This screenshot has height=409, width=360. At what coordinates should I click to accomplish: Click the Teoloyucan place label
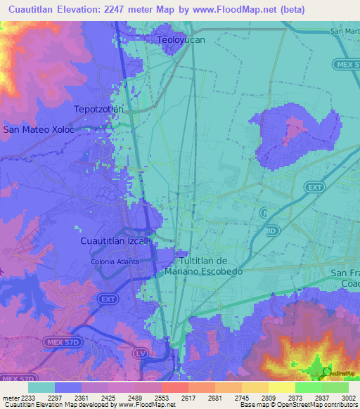181,40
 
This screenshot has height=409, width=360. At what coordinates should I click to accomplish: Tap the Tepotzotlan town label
98,110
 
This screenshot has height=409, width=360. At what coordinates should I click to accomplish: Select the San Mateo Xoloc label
38,129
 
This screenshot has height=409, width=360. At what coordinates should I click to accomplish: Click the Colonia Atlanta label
114,261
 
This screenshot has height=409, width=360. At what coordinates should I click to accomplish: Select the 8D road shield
272,230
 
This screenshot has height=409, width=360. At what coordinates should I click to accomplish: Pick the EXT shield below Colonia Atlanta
108,299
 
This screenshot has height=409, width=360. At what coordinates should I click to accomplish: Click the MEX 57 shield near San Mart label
346,64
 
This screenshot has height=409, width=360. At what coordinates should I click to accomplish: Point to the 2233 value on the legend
23,397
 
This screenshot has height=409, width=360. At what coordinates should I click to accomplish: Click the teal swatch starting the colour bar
41,387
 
